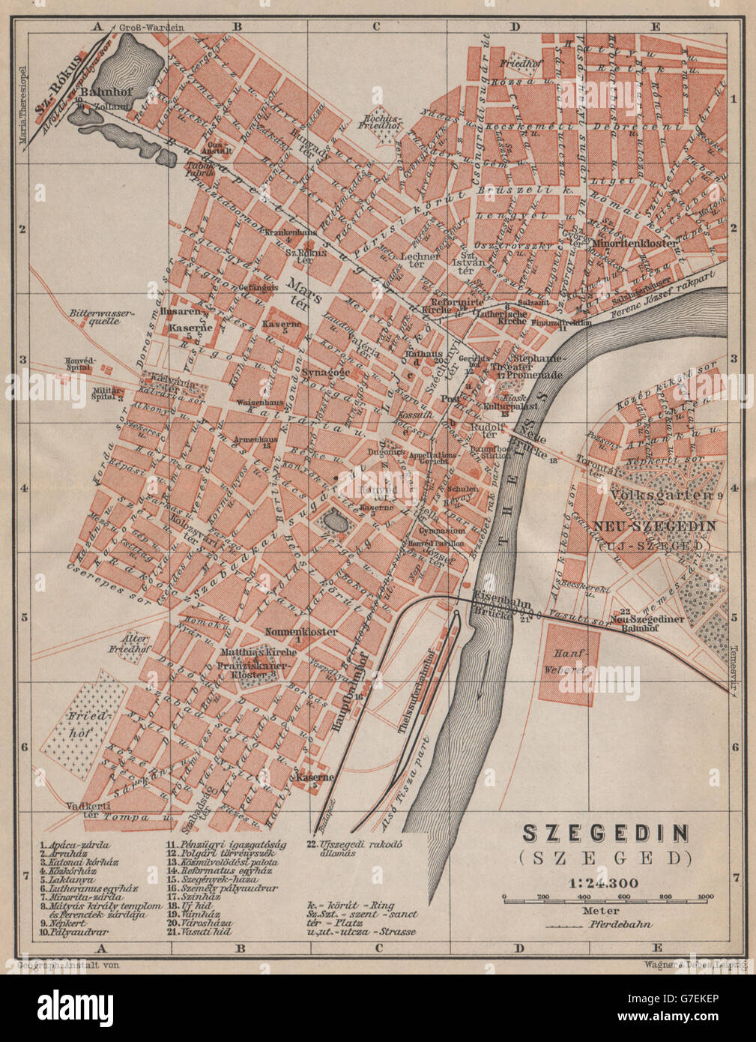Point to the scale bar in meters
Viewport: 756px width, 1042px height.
click(x=605, y=897)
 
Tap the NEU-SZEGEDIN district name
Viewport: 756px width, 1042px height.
click(x=654, y=525)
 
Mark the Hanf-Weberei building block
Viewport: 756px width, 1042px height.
click(x=569, y=664)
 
